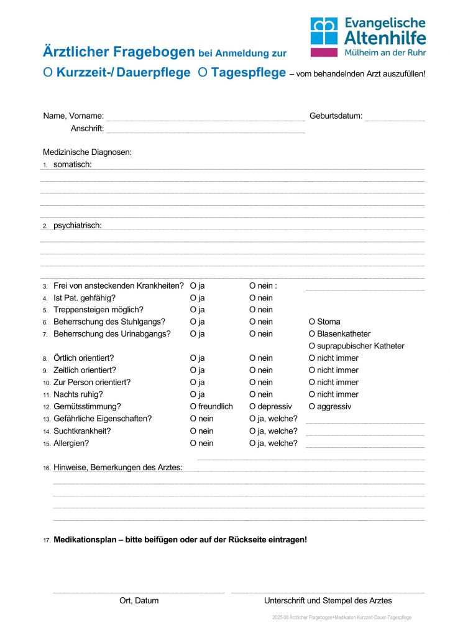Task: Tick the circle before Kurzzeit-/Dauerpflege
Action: [x=48, y=73]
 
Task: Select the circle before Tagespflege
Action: [x=203, y=73]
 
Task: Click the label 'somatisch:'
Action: [x=73, y=164]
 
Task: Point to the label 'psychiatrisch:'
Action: [x=78, y=225]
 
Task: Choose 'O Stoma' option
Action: [x=313, y=322]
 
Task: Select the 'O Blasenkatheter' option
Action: [x=313, y=334]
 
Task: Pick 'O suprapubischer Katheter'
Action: [x=313, y=346]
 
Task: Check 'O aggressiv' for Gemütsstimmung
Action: [x=313, y=407]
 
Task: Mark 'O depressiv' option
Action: [x=253, y=407]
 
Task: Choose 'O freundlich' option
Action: [x=194, y=407]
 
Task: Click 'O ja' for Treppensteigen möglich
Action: [x=194, y=310]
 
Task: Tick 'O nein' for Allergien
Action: [x=194, y=444]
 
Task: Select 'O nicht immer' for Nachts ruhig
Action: [x=313, y=394]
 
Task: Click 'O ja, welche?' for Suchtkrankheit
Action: [x=253, y=431]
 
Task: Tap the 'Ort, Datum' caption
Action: [x=139, y=601]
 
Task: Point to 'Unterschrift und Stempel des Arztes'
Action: [x=328, y=601]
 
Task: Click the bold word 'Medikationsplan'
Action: [x=86, y=540]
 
